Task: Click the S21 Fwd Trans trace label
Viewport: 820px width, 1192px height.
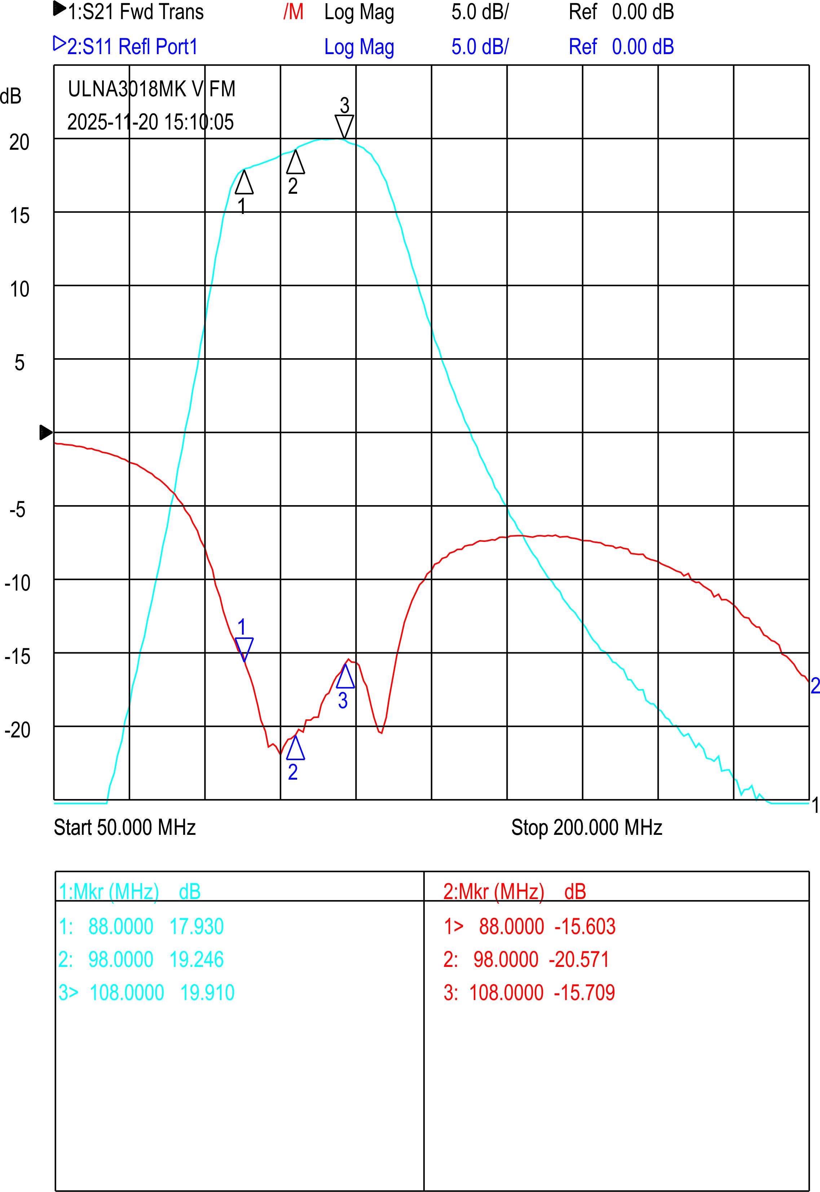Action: click(x=135, y=12)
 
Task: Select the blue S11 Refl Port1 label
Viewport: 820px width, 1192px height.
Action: click(x=132, y=47)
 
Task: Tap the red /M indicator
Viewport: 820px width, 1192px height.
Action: click(x=294, y=12)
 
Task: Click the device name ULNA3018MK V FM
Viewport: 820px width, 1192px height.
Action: click(x=151, y=89)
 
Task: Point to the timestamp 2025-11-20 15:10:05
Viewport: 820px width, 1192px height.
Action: click(x=150, y=122)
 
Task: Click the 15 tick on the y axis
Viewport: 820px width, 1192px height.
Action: click(x=19, y=216)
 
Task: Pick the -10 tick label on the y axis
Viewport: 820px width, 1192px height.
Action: click(x=17, y=583)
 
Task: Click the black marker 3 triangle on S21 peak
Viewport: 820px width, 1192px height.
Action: click(x=344, y=126)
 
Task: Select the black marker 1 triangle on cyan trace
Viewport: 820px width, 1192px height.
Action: click(x=244, y=183)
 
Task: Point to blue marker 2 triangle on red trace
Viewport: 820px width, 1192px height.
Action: click(x=295, y=748)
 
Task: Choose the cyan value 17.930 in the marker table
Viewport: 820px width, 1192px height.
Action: click(x=196, y=926)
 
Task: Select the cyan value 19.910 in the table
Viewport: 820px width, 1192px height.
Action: click(x=207, y=992)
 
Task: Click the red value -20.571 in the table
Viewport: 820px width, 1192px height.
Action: click(x=579, y=959)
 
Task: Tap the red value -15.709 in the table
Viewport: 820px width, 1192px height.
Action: click(x=584, y=992)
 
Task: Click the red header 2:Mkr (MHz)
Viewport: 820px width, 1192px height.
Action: click(x=494, y=892)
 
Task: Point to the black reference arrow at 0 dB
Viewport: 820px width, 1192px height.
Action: click(x=46, y=432)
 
